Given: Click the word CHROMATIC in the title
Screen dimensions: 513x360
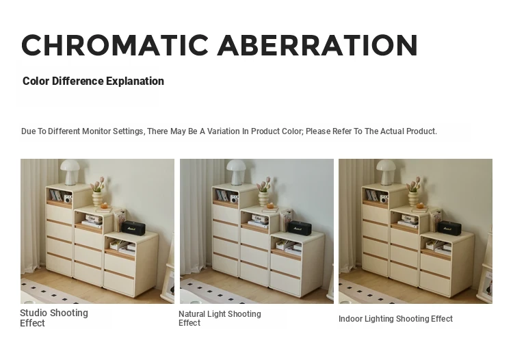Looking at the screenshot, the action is pyautogui.click(x=115, y=45).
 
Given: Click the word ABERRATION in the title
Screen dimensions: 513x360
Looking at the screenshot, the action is pyautogui.click(x=317, y=45).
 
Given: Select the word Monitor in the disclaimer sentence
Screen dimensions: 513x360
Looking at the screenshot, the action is pyautogui.click(x=96, y=131).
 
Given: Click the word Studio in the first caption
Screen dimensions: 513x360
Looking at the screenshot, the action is pyautogui.click(x=34, y=313).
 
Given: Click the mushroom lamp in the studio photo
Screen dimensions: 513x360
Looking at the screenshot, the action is pyautogui.click(x=70, y=172).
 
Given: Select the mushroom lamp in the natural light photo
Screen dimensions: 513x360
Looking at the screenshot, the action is pyautogui.click(x=236, y=172).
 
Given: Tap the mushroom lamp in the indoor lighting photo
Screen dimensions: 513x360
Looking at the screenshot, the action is pyautogui.click(x=386, y=172).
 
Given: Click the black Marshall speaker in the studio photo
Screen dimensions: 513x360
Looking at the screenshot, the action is pyautogui.click(x=133, y=227).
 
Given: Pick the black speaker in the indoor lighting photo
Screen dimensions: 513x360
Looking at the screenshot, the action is pyautogui.click(x=449, y=227).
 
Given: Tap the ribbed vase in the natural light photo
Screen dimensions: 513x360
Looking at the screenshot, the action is pyautogui.click(x=263, y=198).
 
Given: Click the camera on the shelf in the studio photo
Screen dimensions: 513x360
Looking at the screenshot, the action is pyautogui.click(x=68, y=199).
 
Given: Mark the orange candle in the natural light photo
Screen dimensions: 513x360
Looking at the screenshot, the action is pyautogui.click(x=271, y=206).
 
